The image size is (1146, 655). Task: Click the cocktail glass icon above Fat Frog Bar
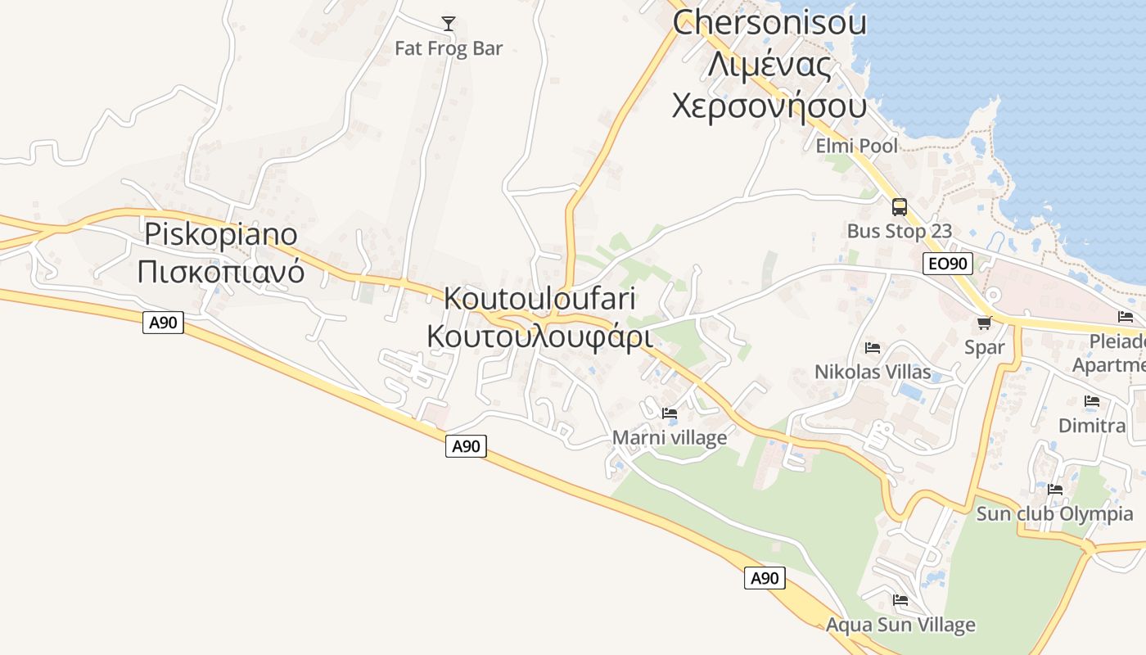point(448,23)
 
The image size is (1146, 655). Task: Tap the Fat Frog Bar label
point(449,48)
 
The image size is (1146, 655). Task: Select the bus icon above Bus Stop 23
point(899,207)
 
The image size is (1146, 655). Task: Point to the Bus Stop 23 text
point(899,231)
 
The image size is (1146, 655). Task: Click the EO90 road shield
point(947,264)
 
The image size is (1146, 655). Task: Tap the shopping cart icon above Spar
point(984,323)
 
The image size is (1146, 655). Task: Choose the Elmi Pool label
point(856,146)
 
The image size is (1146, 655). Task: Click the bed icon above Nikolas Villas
point(872,348)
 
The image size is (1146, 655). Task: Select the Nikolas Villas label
point(873,372)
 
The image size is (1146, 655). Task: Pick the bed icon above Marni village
point(670,413)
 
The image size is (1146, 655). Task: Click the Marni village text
point(670,438)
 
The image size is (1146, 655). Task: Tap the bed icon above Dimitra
point(1091,401)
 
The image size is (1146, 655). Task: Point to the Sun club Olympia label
point(1054,514)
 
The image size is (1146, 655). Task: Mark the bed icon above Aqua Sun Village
point(900,600)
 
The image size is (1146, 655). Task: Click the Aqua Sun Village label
point(900,625)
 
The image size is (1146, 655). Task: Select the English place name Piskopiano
point(221,234)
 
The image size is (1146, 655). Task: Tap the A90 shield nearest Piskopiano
point(164,323)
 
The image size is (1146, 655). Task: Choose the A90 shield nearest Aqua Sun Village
point(765,578)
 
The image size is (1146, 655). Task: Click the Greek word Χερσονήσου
point(769,106)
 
